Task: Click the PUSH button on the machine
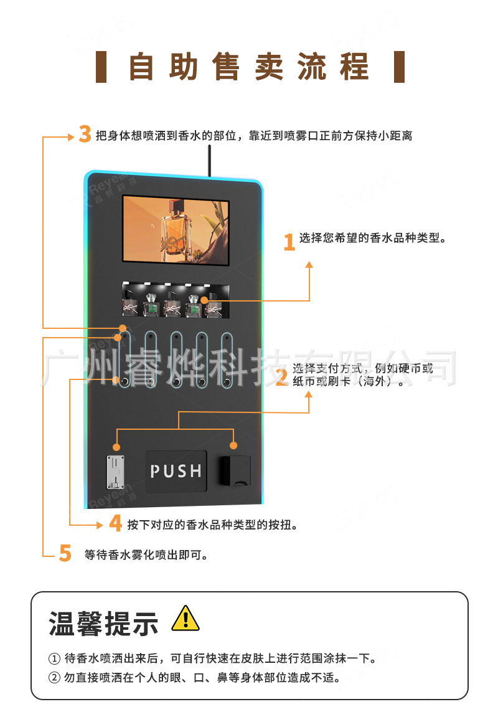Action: (x=176, y=471)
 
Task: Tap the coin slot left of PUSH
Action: (x=116, y=472)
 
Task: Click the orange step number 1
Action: (x=289, y=242)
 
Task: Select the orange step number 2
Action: (x=281, y=377)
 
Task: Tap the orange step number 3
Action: (x=85, y=135)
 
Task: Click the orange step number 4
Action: (x=116, y=523)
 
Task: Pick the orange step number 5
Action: (x=65, y=553)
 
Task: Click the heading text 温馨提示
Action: (x=103, y=623)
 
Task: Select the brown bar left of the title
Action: (x=101, y=67)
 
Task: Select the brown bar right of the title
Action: (x=400, y=67)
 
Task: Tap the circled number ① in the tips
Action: (x=54, y=658)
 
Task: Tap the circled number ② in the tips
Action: (x=54, y=678)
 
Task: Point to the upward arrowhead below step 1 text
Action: (x=309, y=265)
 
